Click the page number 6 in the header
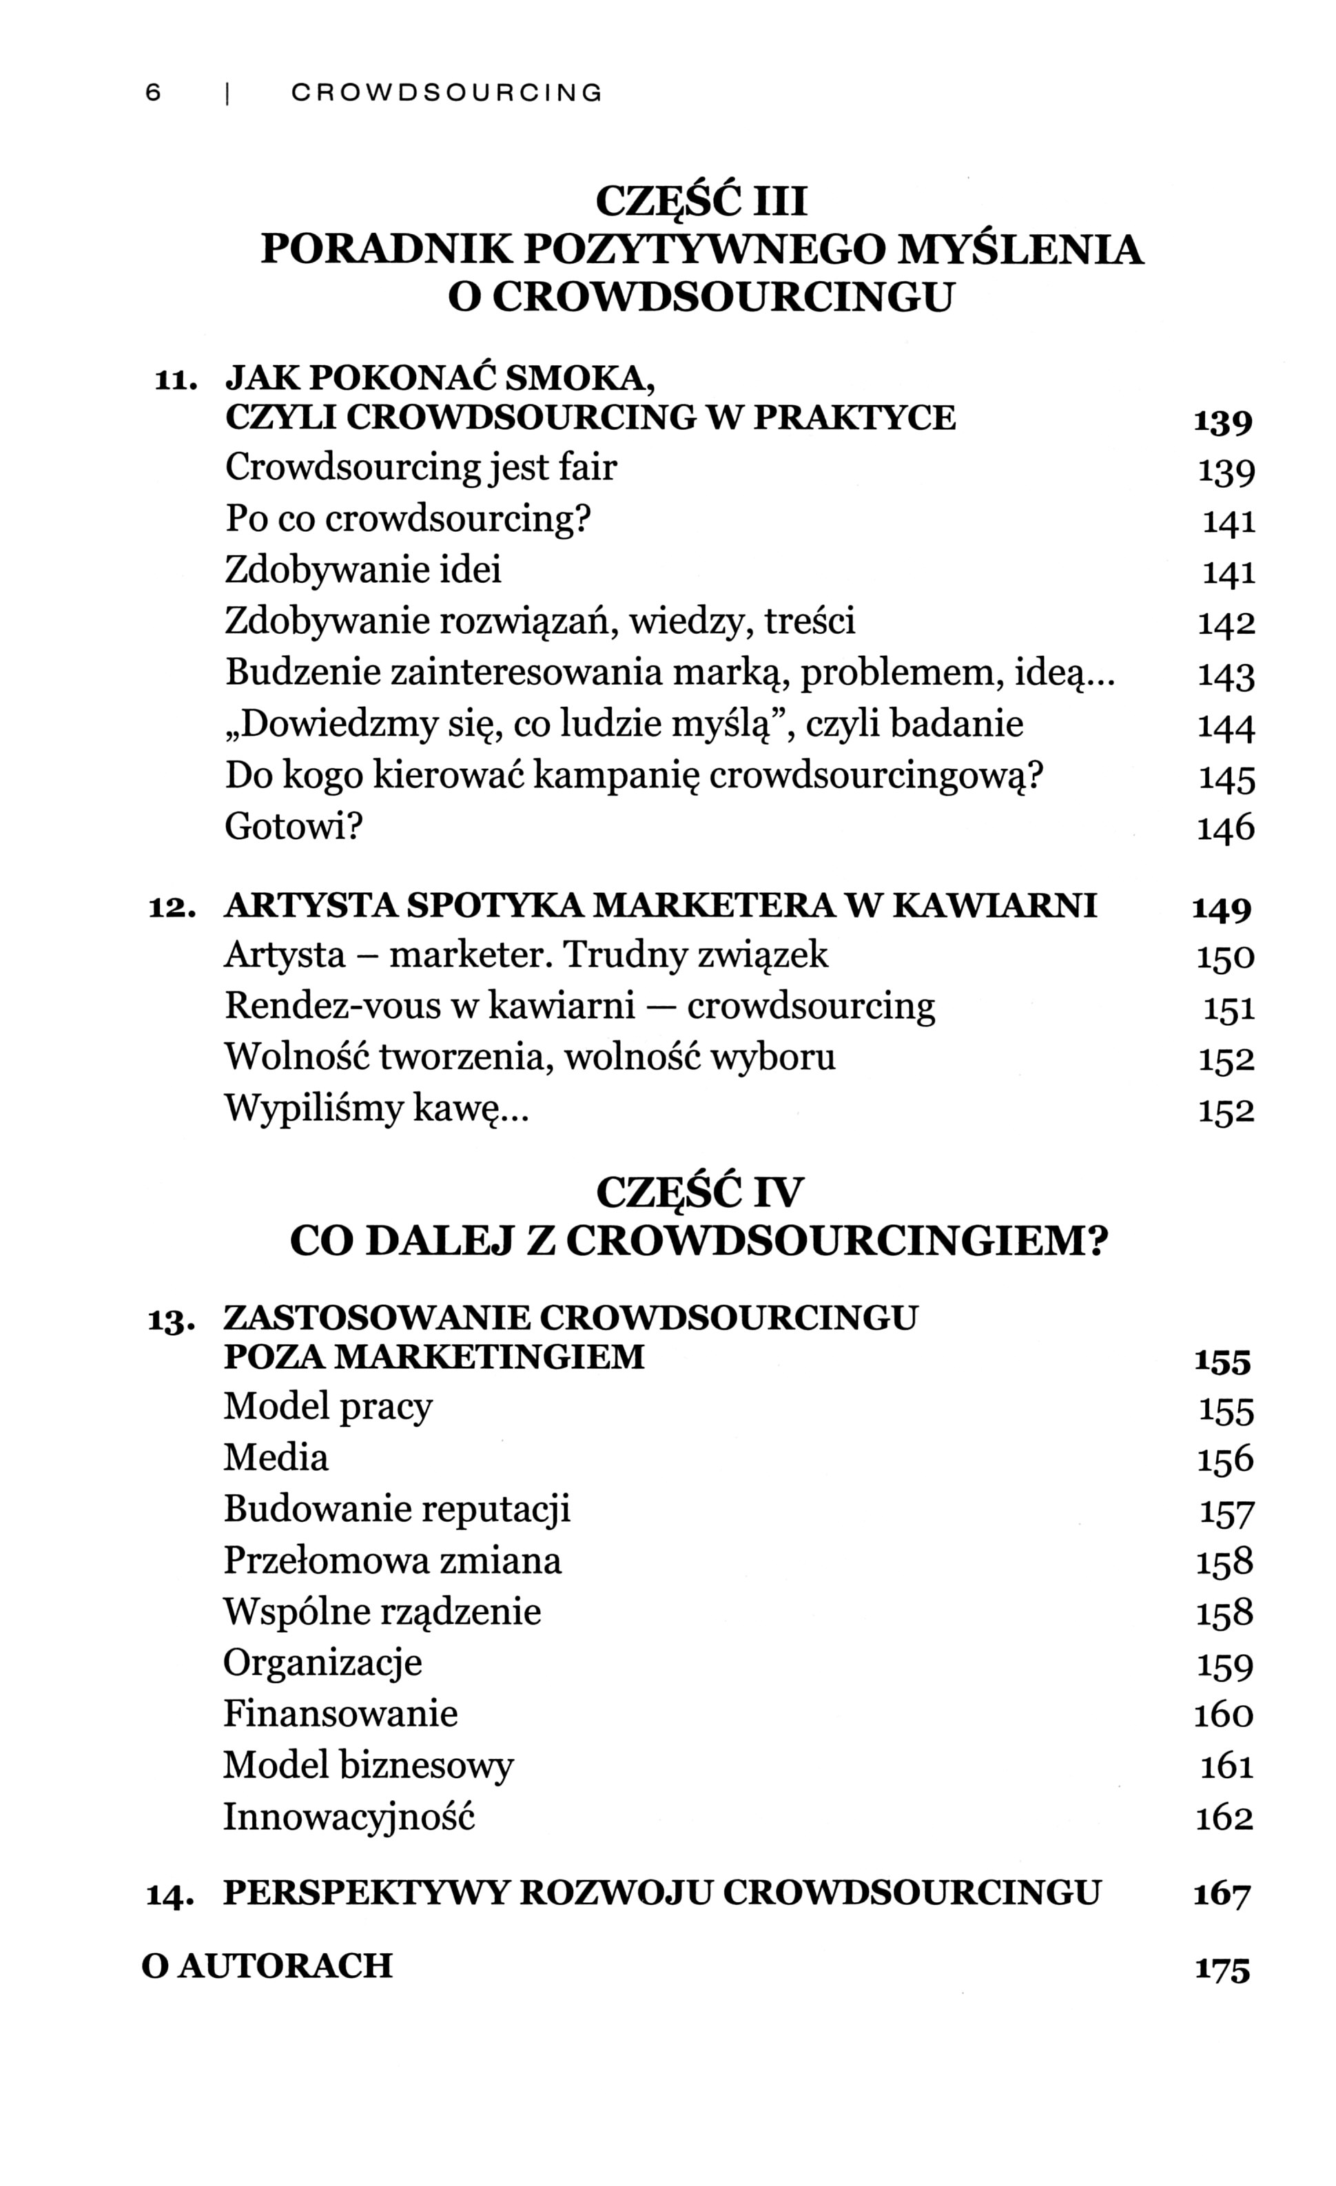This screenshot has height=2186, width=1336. pos(152,92)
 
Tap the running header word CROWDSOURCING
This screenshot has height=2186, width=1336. pos(446,92)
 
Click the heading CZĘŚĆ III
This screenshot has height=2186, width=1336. pos(701,200)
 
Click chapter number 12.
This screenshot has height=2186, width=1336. pos(171,907)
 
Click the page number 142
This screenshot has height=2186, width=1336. pos(1226,623)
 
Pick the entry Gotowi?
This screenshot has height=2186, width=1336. pos(294,827)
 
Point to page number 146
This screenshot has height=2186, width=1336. pos(1226,829)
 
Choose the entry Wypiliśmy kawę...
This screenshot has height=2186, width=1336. pos(376,1109)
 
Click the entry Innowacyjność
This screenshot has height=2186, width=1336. pos(349,1817)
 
